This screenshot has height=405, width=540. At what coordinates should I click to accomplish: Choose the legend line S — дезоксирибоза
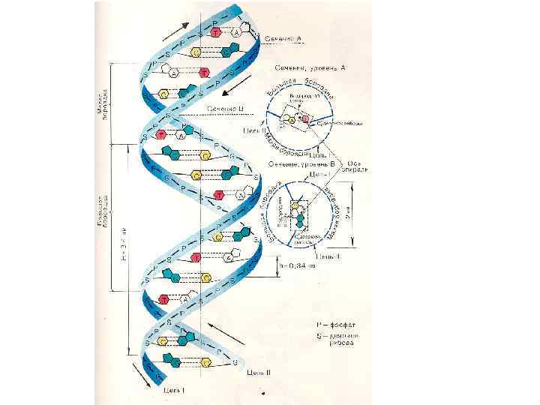tap(342, 341)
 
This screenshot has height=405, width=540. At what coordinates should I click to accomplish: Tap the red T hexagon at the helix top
tap(216, 33)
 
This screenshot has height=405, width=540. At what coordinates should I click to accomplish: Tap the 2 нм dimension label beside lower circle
tap(359, 217)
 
